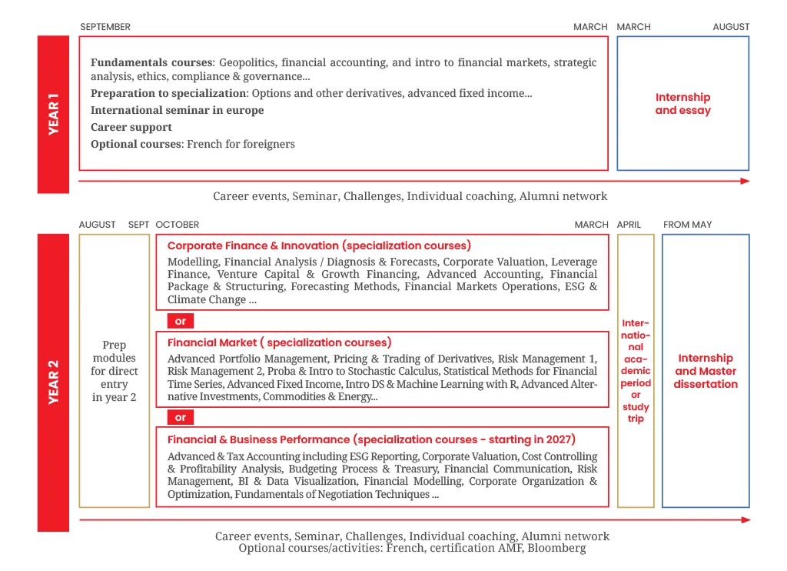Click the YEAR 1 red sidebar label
[x=53, y=114]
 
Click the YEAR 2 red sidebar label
[x=53, y=382]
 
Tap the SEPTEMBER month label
[x=105, y=27]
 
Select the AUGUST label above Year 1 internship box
[x=730, y=27]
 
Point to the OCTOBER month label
[x=177, y=225]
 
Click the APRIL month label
[x=629, y=225]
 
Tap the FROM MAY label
[x=687, y=225]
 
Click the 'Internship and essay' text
[x=682, y=104]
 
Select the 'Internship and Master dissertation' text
[x=705, y=371]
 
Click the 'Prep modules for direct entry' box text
[x=115, y=371]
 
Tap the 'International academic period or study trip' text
[x=636, y=371]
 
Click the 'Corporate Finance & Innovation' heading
[x=319, y=245]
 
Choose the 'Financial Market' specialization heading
[x=279, y=342]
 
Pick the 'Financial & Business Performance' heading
[x=371, y=439]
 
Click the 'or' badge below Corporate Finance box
[x=181, y=321]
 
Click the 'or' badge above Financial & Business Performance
[x=181, y=418]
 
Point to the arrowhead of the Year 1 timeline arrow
[x=745, y=182]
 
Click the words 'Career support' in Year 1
[x=131, y=127]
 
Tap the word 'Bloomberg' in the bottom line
[x=556, y=548]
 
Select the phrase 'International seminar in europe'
[x=177, y=110]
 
